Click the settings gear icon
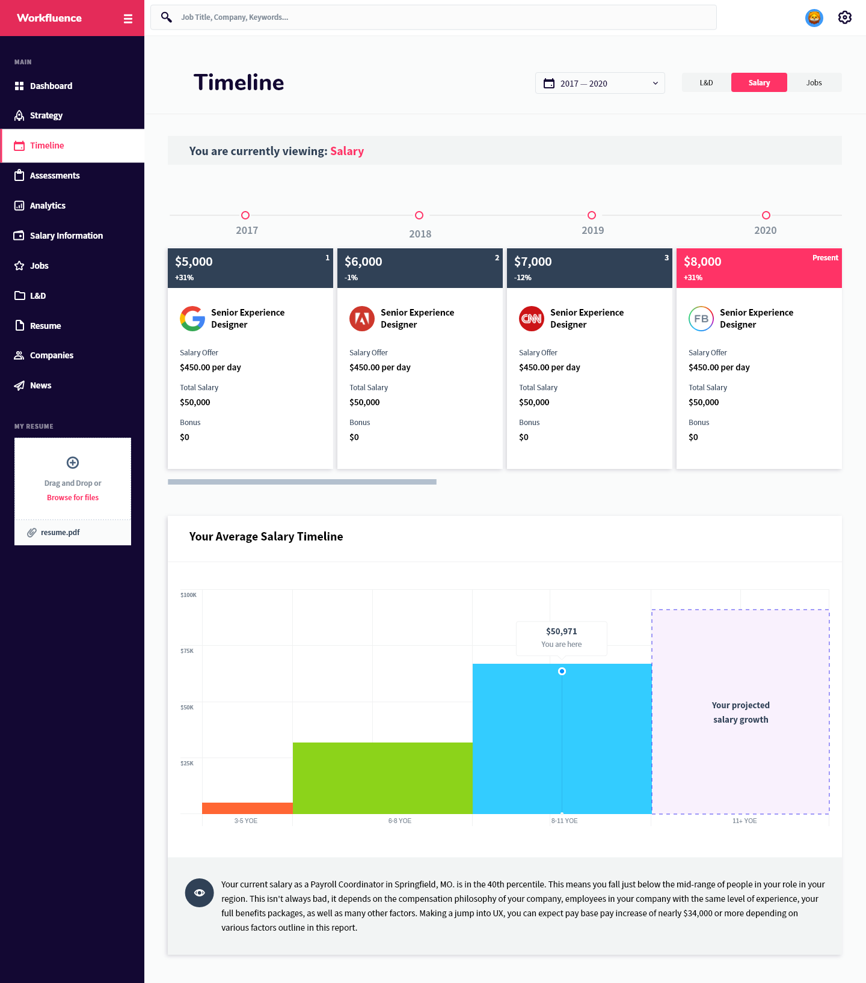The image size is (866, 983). click(844, 17)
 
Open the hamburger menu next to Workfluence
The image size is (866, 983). click(127, 19)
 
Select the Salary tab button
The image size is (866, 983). click(759, 82)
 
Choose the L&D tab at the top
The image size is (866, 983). click(706, 82)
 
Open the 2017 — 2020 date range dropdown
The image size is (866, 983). click(600, 83)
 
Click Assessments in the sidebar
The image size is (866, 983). click(55, 176)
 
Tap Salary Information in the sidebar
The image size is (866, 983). click(66, 236)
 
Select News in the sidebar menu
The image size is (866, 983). click(40, 385)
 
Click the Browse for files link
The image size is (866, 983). click(73, 497)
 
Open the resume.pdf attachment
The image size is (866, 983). click(60, 532)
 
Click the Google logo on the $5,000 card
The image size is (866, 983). click(192, 319)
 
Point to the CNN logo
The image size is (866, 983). click(532, 319)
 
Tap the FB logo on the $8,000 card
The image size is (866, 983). click(701, 319)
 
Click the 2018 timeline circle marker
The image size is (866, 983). click(419, 215)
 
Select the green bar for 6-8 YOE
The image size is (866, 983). click(382, 778)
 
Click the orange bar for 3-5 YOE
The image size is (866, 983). click(247, 808)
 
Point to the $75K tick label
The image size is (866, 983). click(187, 651)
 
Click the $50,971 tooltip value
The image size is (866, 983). click(561, 631)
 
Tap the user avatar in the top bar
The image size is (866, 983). click(814, 18)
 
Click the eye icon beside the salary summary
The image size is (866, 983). click(200, 893)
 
